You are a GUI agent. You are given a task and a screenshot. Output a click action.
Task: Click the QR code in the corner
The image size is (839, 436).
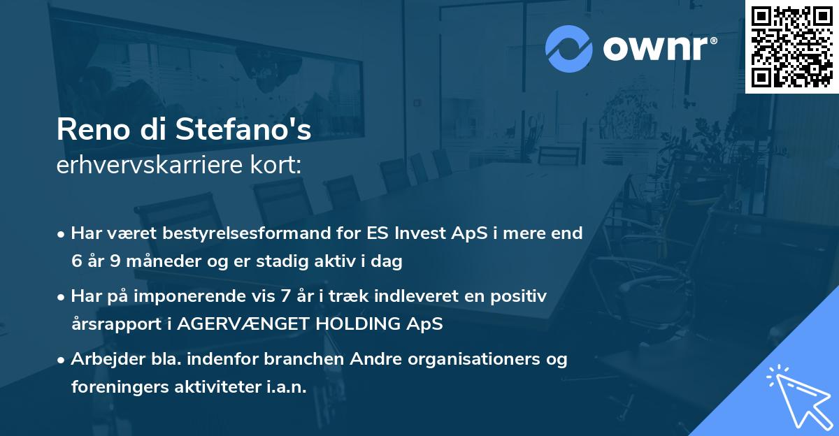coord(792,46)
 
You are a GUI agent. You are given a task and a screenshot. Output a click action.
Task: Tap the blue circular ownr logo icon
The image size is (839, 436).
coord(568,48)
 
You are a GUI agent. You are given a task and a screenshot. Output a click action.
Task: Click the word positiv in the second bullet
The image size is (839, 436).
coord(520,296)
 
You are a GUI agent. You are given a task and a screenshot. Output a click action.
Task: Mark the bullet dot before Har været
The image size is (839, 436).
coord(62,234)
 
